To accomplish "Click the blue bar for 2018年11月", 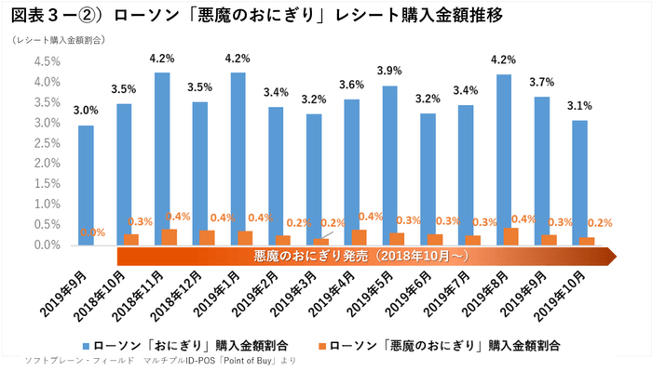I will tap(161, 159).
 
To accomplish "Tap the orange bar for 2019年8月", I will tap(510, 236).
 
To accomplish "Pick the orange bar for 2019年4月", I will tap(359, 237).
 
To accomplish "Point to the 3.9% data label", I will tap(389, 71).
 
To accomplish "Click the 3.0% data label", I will tap(86, 110).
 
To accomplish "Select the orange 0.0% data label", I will tap(93, 232).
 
